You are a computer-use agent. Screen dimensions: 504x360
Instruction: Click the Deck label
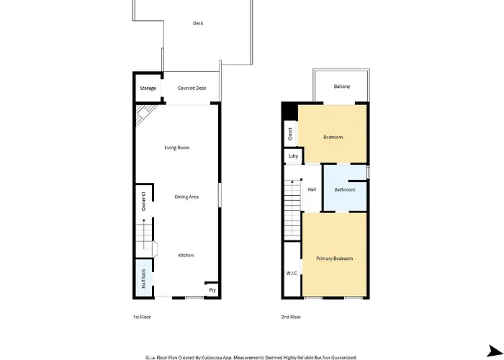(x=198, y=23)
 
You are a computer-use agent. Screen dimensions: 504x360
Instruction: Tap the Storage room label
(x=148, y=88)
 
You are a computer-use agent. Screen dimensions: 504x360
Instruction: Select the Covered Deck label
(x=192, y=88)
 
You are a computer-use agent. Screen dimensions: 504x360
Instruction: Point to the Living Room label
(x=177, y=148)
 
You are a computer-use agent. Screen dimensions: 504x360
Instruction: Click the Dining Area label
(x=186, y=197)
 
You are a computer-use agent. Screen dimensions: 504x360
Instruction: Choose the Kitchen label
(x=186, y=255)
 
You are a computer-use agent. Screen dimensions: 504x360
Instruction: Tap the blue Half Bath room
(x=143, y=278)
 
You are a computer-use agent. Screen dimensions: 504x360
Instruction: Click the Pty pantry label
(x=212, y=290)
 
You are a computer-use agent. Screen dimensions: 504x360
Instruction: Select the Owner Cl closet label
(x=144, y=201)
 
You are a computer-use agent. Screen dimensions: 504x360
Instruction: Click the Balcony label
(x=342, y=86)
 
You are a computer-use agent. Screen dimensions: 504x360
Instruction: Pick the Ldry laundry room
(x=294, y=156)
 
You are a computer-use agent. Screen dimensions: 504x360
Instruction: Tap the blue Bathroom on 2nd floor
(x=345, y=189)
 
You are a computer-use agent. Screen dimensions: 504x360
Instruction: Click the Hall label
(x=312, y=189)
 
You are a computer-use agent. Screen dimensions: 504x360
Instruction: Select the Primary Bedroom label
(x=334, y=258)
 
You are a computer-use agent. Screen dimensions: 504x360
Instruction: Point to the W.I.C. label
(x=292, y=273)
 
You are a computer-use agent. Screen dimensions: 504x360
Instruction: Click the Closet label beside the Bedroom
(x=290, y=134)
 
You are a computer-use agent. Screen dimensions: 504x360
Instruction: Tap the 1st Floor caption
(x=142, y=317)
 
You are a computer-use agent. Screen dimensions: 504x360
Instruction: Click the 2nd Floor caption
(x=291, y=317)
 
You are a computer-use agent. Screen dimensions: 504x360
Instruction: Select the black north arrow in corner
(x=495, y=351)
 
